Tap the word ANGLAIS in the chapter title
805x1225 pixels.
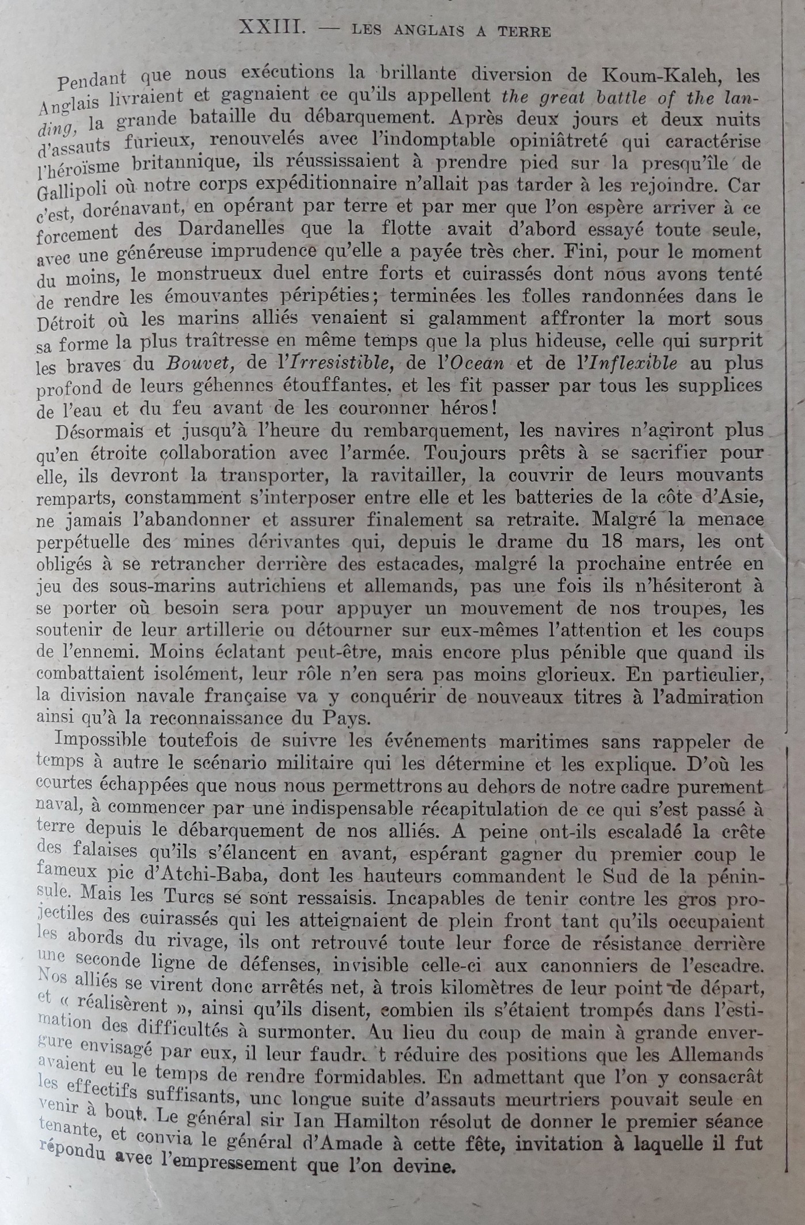coord(429,31)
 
